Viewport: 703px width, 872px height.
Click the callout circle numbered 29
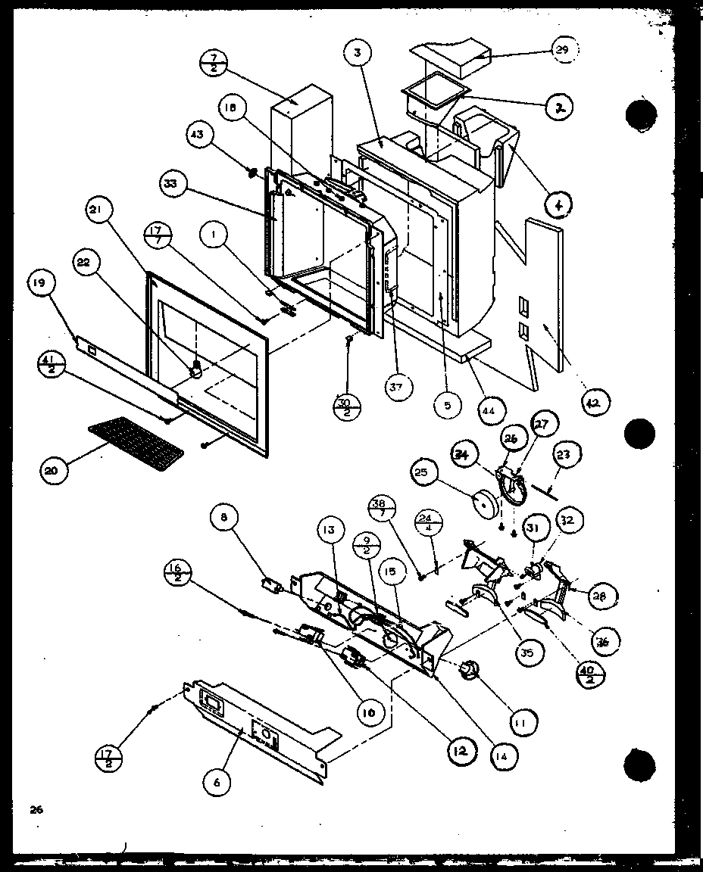[x=561, y=51]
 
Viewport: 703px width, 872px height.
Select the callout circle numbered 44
[x=490, y=410]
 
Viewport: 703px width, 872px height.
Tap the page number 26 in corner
[x=36, y=809]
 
